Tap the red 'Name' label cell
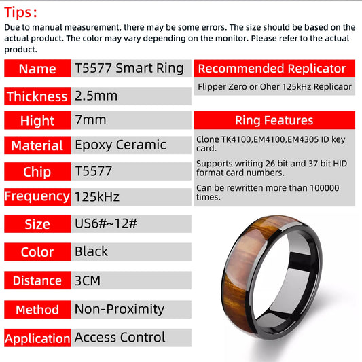(37, 69)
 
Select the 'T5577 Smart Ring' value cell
(129, 68)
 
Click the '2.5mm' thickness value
(96, 96)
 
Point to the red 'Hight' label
(37, 120)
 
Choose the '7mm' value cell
(90, 120)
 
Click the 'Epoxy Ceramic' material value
(120, 145)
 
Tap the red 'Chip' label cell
(37, 172)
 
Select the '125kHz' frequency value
(97, 197)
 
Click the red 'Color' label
(37, 252)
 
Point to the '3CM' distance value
(88, 280)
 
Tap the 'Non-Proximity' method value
(120, 309)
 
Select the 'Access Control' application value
(120, 338)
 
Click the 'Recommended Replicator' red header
(272, 69)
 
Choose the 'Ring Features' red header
(274, 120)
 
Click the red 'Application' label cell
(37, 338)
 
